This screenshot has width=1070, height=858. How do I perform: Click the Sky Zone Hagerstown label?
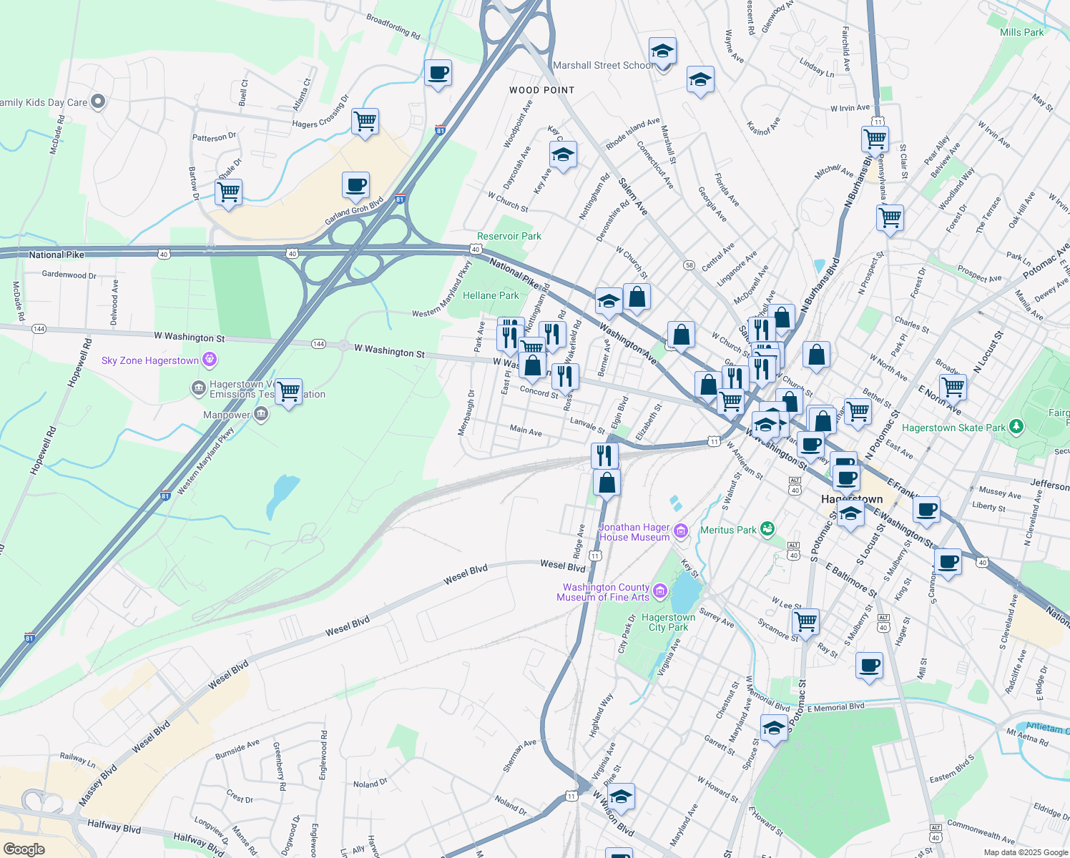click(150, 360)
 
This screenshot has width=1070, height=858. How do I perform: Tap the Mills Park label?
click(1021, 32)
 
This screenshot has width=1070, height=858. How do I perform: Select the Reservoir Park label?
click(509, 236)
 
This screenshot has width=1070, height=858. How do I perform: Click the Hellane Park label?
click(491, 295)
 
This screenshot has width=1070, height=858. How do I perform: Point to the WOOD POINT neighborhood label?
click(541, 90)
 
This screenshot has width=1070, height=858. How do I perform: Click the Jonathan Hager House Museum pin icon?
click(680, 531)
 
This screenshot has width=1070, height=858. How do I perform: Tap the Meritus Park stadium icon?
click(767, 529)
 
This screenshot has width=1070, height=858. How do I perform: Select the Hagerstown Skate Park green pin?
click(1016, 427)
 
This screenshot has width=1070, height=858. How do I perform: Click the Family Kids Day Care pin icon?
click(99, 102)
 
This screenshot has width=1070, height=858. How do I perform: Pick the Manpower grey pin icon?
click(262, 414)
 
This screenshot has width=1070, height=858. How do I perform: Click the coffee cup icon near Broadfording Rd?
click(438, 72)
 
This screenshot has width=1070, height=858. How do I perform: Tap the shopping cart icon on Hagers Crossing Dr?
click(365, 122)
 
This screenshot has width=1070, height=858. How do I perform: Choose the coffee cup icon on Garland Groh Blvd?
click(355, 185)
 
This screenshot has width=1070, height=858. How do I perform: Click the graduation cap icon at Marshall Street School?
click(662, 51)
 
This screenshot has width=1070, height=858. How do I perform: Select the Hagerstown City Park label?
click(668, 622)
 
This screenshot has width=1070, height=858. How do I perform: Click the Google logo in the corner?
click(24, 849)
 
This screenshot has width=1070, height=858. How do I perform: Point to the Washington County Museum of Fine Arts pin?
click(660, 591)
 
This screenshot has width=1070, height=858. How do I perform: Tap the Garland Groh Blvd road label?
click(355, 211)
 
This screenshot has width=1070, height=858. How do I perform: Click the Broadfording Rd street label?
click(393, 26)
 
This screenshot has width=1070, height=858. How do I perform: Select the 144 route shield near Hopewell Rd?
click(39, 329)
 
